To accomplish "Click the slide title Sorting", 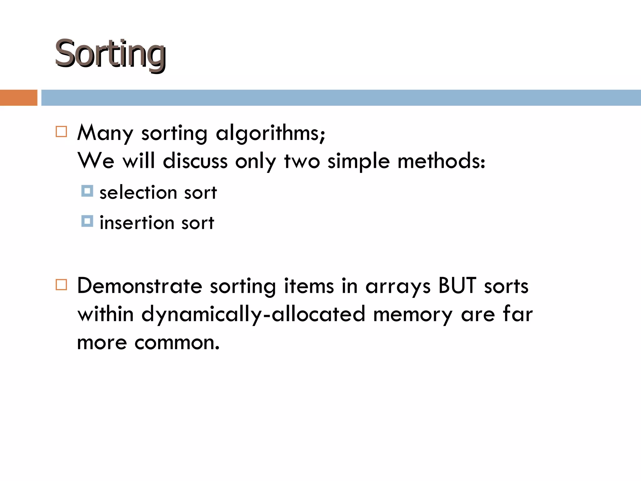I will (x=110, y=54).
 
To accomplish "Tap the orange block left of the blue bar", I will (x=18, y=98).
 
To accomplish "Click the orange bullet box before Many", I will (x=61, y=132).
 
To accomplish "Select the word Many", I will (x=105, y=133).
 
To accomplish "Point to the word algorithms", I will (x=270, y=133).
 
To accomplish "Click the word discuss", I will (x=195, y=161).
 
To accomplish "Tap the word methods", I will (x=441, y=161).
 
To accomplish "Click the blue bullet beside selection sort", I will (x=87, y=191).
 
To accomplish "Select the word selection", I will (x=138, y=193).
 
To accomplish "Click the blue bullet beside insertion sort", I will (x=87, y=221).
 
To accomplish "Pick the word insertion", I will (x=137, y=223).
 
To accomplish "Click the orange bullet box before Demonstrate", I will (x=61, y=285).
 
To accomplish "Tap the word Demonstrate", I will (x=140, y=286).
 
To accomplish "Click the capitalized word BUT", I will (x=457, y=286).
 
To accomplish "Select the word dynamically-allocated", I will (x=253, y=314).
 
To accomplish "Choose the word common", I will (x=177, y=343).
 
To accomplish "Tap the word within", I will (x=105, y=314).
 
